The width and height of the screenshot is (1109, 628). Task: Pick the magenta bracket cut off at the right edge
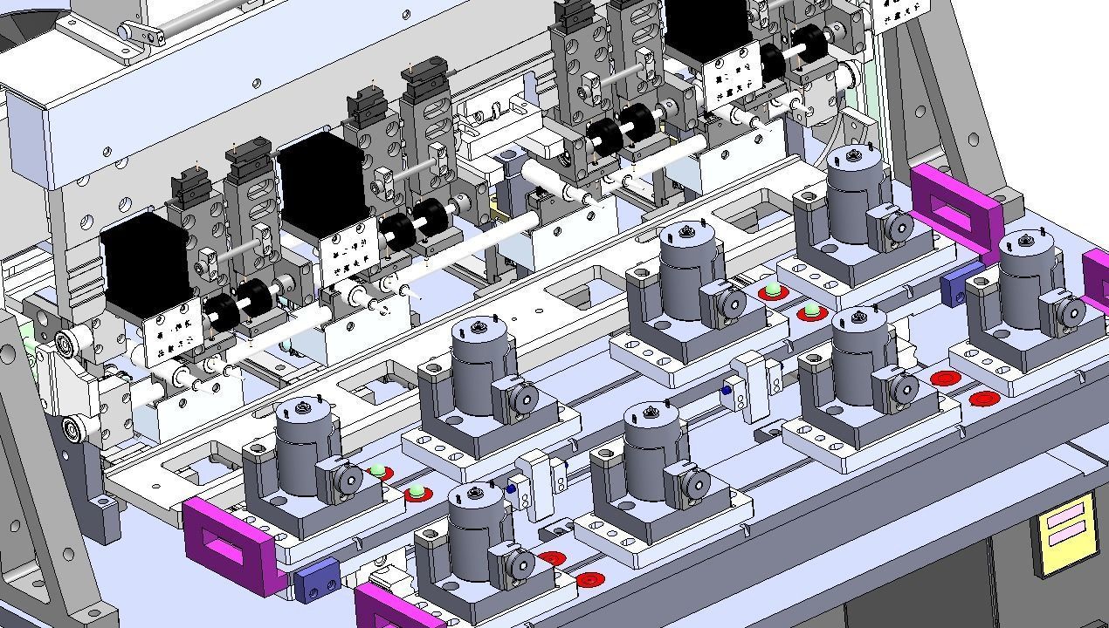pyautogui.click(x=1097, y=279)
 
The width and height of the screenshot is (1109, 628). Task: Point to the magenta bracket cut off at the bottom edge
pyautogui.click(x=397, y=608)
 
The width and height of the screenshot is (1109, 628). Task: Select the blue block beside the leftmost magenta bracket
pyautogui.click(x=316, y=577)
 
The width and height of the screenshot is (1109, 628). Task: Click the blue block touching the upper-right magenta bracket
pyautogui.click(x=961, y=279)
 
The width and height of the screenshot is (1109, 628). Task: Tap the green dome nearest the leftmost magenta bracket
pyautogui.click(x=377, y=471)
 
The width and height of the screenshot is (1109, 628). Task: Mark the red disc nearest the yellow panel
pyautogui.click(x=984, y=399)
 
